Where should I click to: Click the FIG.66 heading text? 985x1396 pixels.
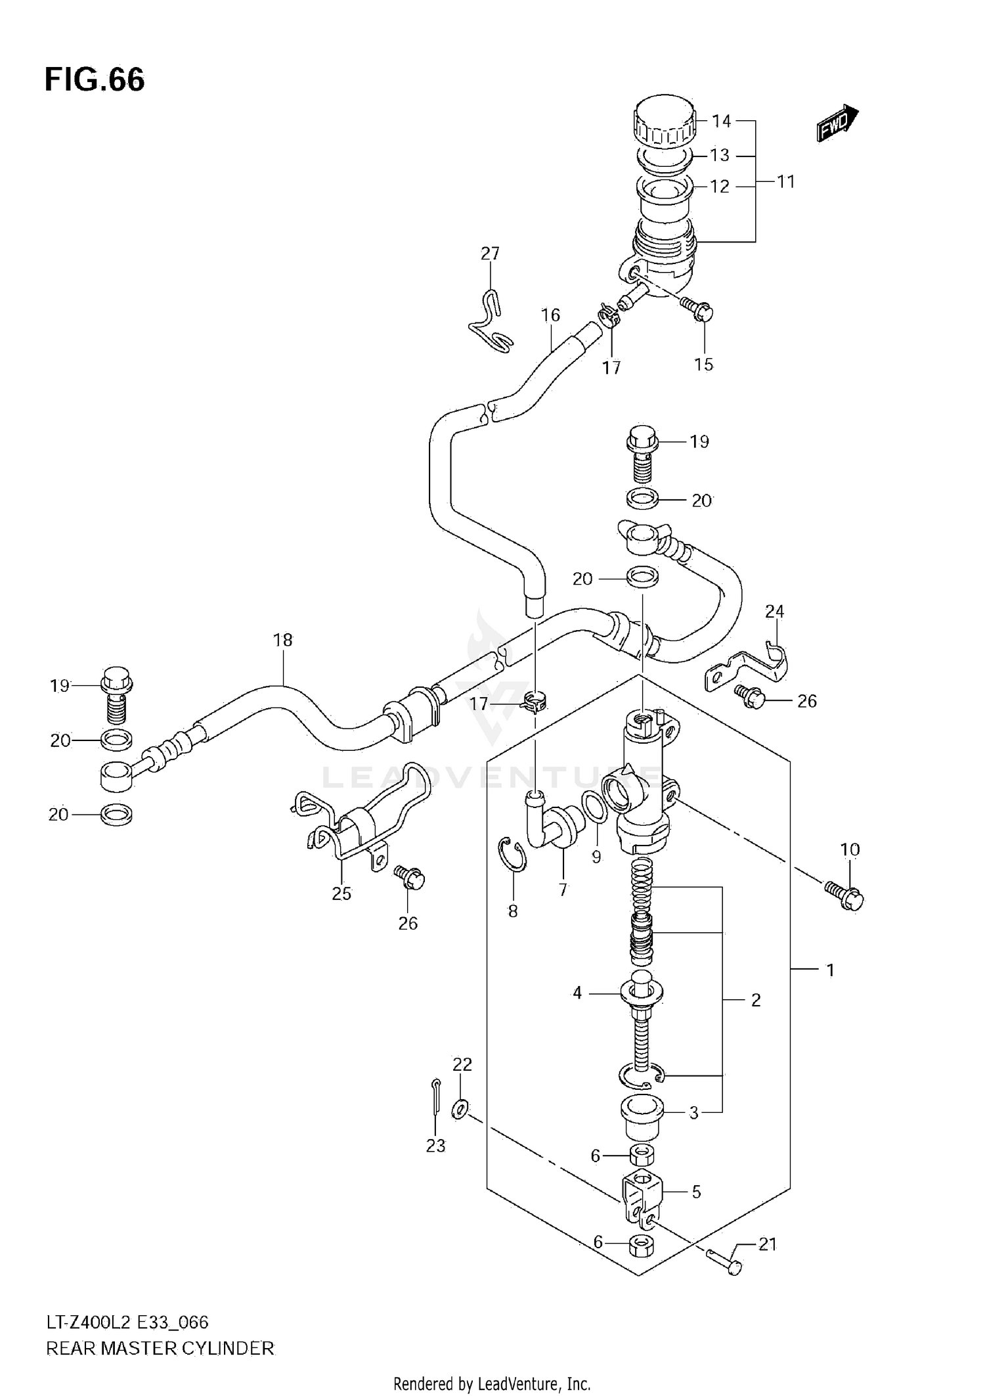tap(95, 79)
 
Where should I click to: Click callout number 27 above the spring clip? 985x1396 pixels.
tap(490, 254)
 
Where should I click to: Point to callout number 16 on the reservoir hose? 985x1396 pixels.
tap(550, 315)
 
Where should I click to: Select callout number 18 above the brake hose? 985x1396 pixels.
tap(282, 639)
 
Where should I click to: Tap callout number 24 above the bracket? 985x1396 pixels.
tap(774, 611)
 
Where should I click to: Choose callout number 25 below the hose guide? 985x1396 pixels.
tap(341, 893)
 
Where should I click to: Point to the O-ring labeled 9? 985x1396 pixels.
tap(595, 807)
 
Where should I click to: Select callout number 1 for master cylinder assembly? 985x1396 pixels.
tap(830, 970)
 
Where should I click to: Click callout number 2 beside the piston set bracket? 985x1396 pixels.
tap(755, 1000)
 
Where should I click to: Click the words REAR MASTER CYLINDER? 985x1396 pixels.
tap(160, 1349)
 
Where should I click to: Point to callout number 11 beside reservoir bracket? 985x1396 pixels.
tap(786, 181)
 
